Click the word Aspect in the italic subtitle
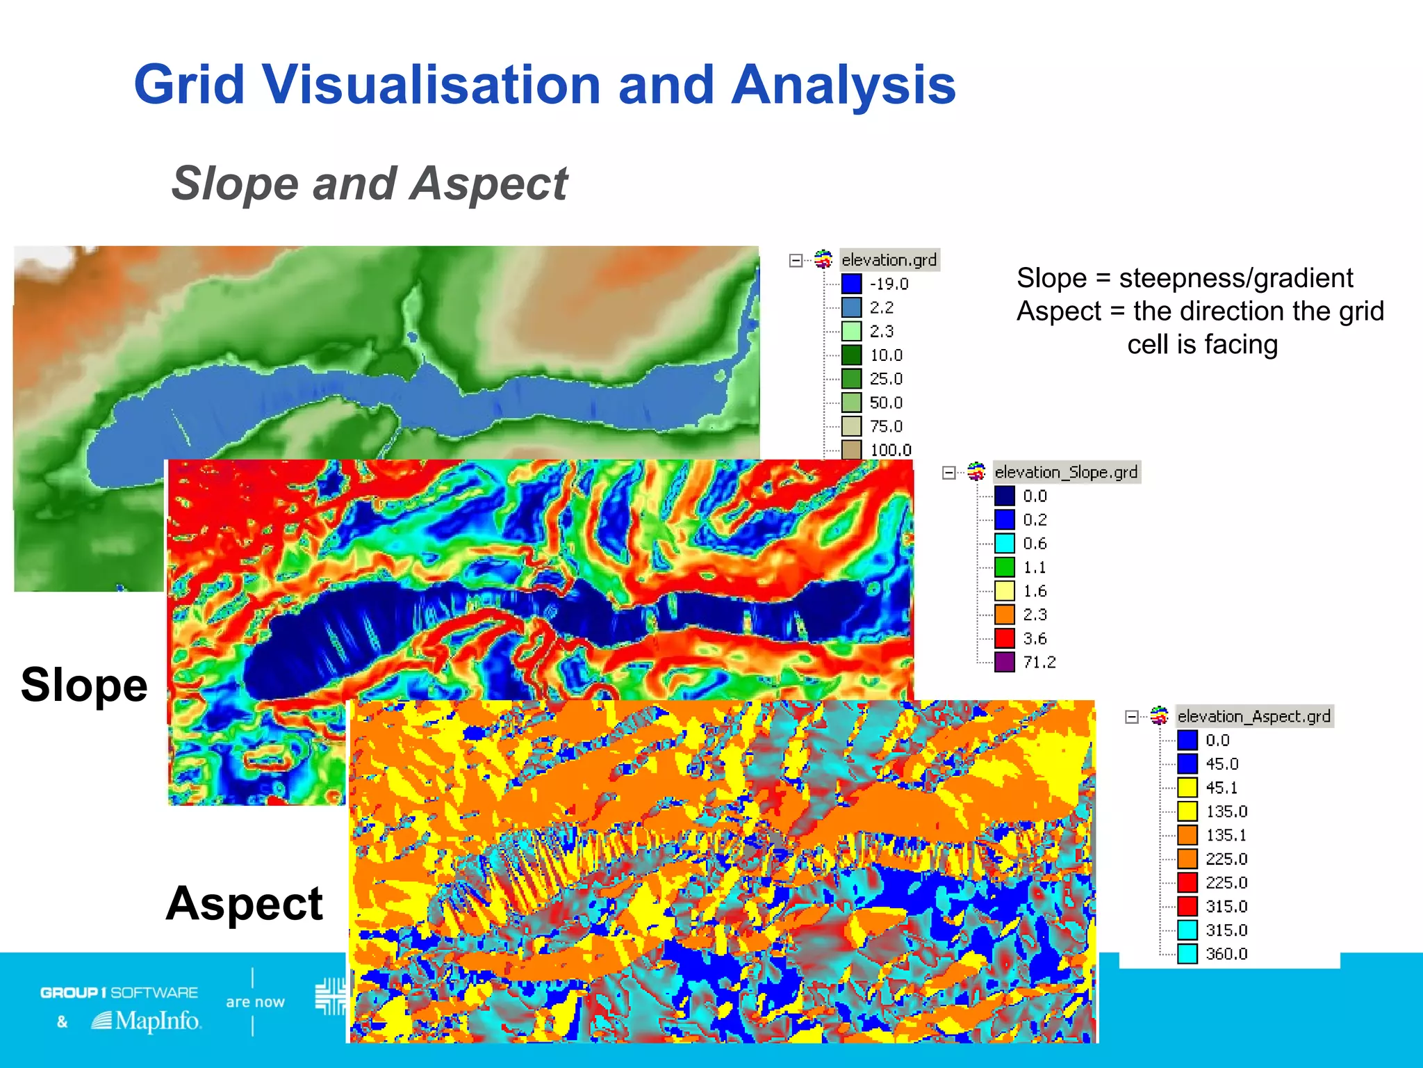click(488, 184)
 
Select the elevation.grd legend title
click(889, 260)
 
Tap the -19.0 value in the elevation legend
click(889, 284)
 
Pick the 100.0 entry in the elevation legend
click(890, 450)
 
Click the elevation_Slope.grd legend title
click(1066, 472)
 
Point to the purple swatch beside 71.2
click(1005, 662)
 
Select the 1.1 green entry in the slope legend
click(1034, 567)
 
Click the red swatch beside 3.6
click(1005, 638)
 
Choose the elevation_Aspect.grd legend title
click(1253, 716)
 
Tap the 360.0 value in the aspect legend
click(1226, 954)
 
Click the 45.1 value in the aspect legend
click(1222, 788)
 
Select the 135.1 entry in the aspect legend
click(1226, 835)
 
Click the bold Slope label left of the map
click(84, 686)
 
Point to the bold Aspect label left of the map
click(245, 903)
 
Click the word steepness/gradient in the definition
click(1235, 278)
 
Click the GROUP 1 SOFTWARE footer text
click(119, 992)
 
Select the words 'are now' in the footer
click(255, 1002)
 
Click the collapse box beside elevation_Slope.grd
click(948, 473)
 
